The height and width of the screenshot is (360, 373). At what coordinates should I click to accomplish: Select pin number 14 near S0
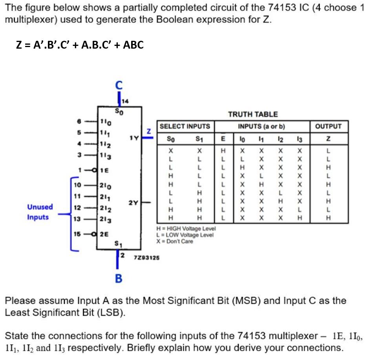125,101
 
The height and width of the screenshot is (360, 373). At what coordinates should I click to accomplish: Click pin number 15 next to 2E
78,234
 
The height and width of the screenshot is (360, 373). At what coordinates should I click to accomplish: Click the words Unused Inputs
40,212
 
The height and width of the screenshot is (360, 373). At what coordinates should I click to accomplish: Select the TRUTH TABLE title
253,114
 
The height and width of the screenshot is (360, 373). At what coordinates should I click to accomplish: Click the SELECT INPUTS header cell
185,126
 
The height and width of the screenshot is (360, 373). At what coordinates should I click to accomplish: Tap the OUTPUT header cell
328,126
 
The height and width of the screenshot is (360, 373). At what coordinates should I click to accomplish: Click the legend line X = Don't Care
175,242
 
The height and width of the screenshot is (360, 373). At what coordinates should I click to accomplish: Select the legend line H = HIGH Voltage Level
186,228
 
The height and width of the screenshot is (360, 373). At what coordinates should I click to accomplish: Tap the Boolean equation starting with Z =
80,45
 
